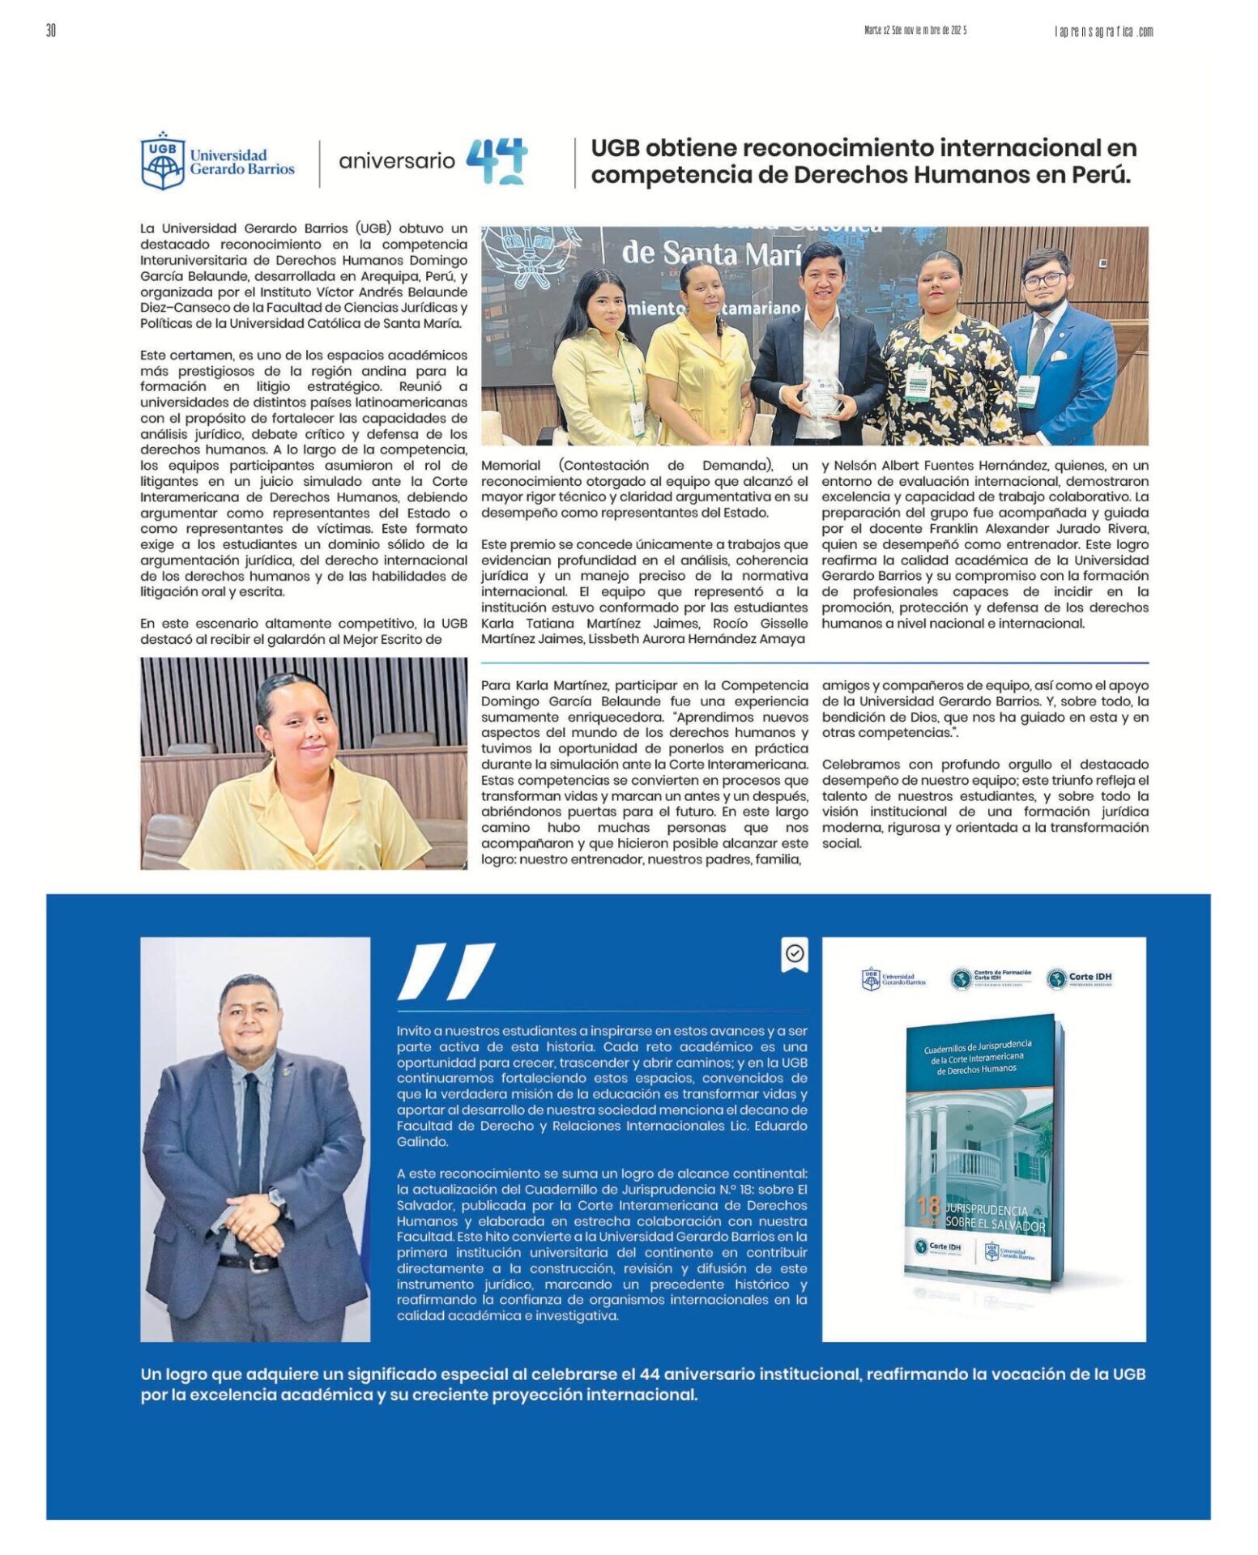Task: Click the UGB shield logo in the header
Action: point(162,162)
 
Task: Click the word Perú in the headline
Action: point(1100,175)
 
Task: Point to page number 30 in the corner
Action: point(51,31)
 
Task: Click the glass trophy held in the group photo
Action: point(822,396)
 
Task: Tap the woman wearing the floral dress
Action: point(944,356)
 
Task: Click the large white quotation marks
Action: point(446,971)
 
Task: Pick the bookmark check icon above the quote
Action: point(795,954)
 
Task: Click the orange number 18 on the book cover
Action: point(928,1207)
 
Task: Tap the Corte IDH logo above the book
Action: point(1079,978)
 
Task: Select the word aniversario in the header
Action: point(396,161)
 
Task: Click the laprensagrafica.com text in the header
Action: point(1103,32)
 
